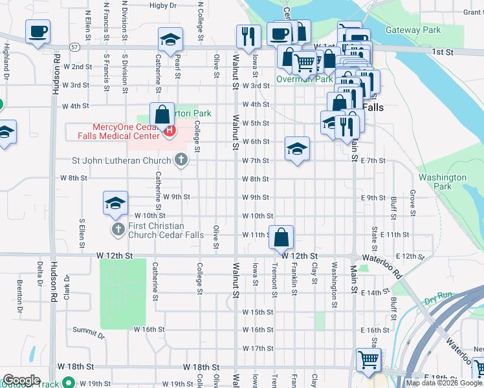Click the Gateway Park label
click(413, 30)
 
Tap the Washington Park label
click(442, 182)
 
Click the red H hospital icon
click(170, 131)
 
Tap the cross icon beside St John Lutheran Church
click(181, 158)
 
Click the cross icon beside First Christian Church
click(118, 229)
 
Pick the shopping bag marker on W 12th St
click(282, 237)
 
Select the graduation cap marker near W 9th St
click(115, 203)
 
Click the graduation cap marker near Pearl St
click(171, 40)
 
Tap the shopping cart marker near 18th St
click(368, 360)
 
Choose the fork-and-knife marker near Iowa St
click(248, 36)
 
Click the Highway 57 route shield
click(76, 47)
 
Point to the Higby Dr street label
click(162, 5)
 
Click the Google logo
click(21, 380)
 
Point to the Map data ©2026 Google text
click(443, 383)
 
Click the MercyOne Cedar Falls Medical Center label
click(118, 131)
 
